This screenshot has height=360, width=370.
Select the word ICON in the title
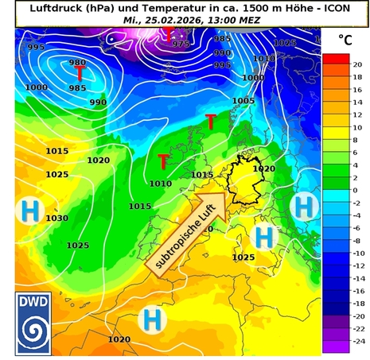329,7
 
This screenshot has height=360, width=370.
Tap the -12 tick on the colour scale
357,265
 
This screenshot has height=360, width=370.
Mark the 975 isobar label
181,44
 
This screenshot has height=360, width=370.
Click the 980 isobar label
77,62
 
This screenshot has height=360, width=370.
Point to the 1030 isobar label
56,218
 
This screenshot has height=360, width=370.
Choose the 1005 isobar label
243,101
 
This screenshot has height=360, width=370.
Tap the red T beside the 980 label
80,74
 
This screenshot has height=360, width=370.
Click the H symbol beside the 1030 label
30,211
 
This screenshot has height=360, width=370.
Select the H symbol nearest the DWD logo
150,319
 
